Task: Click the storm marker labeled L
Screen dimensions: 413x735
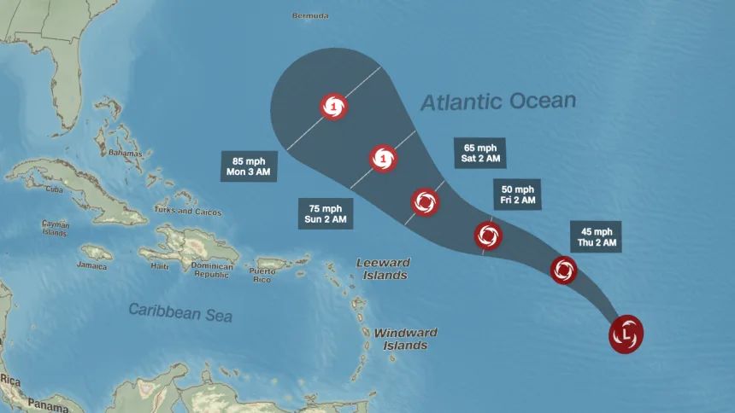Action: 626,334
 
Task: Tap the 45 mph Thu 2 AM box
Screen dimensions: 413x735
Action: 597,236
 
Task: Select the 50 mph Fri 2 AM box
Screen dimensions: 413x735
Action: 517,195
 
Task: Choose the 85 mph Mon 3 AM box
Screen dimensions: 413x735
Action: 248,165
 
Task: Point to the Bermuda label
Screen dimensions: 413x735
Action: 310,16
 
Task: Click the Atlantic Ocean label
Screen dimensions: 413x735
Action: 498,102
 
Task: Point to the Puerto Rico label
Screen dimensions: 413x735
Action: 262,275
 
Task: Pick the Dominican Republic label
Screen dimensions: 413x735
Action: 212,270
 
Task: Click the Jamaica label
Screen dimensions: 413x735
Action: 91,265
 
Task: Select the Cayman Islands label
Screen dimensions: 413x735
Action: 55,228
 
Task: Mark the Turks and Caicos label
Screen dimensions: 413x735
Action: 188,212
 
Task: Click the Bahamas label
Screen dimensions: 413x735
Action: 124,152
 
